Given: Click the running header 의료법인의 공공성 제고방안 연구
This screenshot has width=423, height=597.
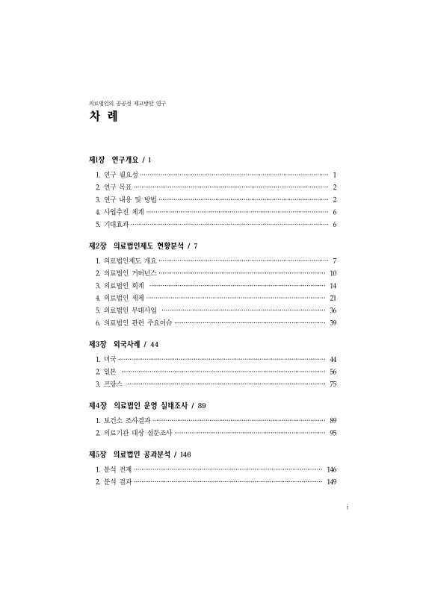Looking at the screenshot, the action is (127, 101).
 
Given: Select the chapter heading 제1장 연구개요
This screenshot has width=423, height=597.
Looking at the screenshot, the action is (120, 160).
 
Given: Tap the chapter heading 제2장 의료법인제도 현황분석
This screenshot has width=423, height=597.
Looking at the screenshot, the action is (143, 246).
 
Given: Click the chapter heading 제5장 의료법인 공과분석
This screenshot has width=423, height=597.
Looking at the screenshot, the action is (140, 454).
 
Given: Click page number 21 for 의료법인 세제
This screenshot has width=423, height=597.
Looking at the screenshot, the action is (333, 298).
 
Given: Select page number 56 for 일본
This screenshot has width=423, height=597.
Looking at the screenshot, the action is (333, 372).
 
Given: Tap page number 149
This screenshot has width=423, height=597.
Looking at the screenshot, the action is (331, 482).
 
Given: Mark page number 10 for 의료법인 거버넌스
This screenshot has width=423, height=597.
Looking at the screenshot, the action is (333, 273).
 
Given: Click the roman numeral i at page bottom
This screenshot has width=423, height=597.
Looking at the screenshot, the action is (348, 507).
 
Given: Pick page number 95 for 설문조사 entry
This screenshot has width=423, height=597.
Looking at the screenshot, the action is (333, 433).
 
